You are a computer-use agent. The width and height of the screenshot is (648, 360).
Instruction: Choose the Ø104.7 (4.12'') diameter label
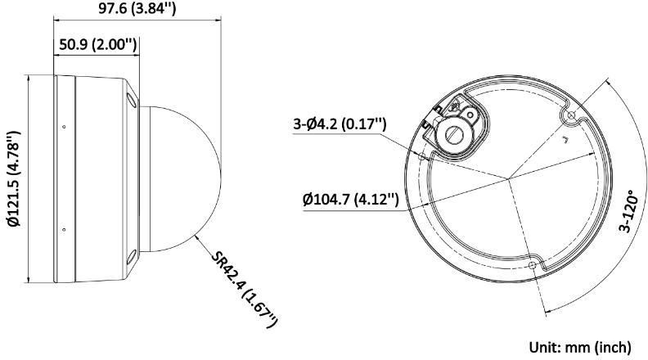pos(350,199)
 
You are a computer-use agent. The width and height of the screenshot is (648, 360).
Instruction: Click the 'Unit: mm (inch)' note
pos(583,346)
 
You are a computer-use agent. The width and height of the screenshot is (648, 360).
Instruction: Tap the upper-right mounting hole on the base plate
pos(572,116)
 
